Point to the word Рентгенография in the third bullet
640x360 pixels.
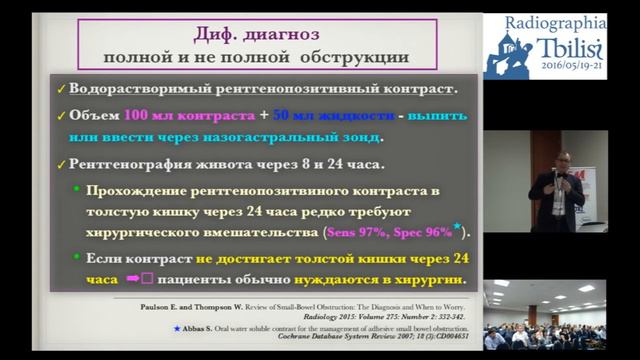click(129, 162)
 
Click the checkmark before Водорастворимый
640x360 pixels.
click(62, 87)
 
